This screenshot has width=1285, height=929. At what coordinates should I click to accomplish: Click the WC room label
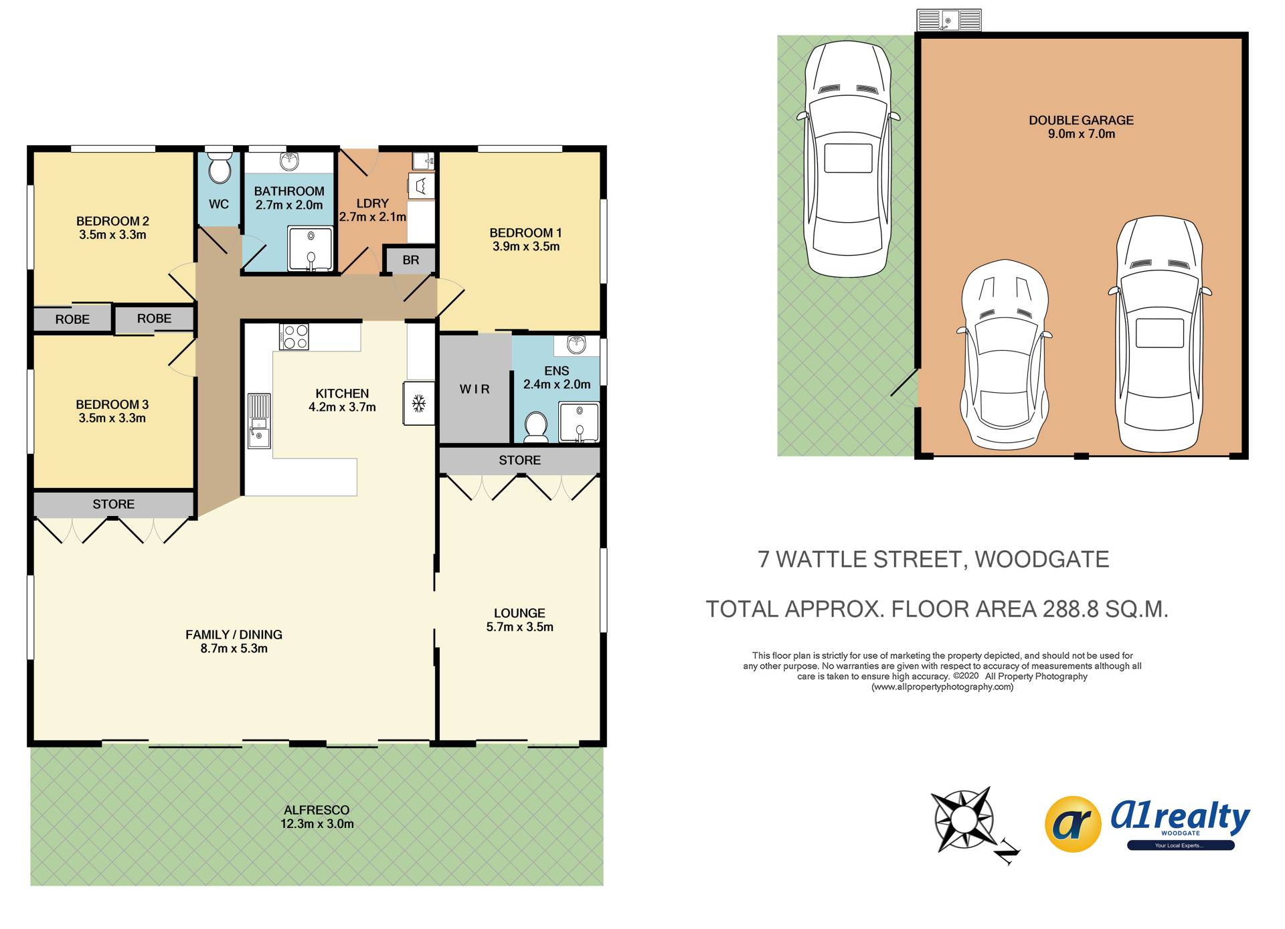[x=219, y=204]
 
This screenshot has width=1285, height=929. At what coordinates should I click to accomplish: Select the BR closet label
[x=411, y=260]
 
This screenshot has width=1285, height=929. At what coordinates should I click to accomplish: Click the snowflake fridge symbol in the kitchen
[x=419, y=403]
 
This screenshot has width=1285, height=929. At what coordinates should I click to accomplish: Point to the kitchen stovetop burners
[x=294, y=337]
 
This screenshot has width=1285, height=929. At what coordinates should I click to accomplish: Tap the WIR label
[x=475, y=389]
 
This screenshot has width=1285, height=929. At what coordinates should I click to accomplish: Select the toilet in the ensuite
[x=535, y=427]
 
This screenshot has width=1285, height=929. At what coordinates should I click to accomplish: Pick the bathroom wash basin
[x=289, y=161]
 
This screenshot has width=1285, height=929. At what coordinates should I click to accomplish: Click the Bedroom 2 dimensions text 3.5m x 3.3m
[x=112, y=235]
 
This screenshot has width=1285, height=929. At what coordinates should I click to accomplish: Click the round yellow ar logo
[x=1073, y=824]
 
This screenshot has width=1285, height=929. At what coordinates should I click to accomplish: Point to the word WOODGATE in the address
[x=1041, y=560]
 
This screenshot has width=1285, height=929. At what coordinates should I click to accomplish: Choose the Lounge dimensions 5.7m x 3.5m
[x=520, y=627]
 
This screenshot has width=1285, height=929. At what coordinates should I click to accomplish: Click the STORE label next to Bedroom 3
[x=114, y=504]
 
